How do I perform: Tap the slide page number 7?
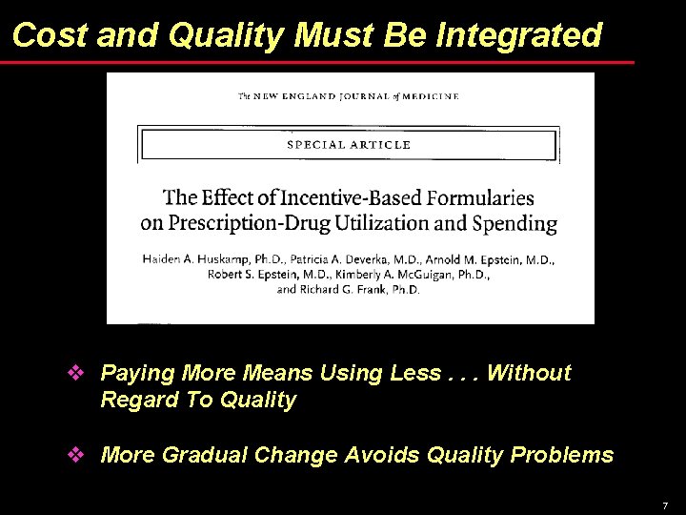point(665,505)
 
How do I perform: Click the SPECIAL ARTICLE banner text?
point(349,145)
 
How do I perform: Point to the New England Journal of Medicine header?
point(348,96)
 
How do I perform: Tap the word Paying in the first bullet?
point(134,373)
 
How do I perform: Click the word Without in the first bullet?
point(529,373)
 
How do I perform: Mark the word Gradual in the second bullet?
point(204,455)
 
